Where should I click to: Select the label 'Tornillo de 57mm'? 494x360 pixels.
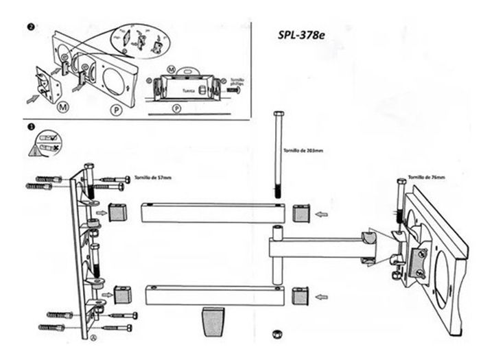[154, 178]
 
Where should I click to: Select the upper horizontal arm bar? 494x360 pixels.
[211, 213]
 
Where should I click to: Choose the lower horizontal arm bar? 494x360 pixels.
[215, 296]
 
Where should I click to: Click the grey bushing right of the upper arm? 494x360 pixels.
[301, 214]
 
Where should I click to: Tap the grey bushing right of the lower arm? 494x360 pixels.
[301, 296]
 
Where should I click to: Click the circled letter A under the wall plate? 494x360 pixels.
[93, 337]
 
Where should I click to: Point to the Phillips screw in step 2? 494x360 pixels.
[233, 89]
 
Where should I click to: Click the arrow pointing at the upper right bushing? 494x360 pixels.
[320, 215]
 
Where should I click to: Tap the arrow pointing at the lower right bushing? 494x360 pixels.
[320, 297]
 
